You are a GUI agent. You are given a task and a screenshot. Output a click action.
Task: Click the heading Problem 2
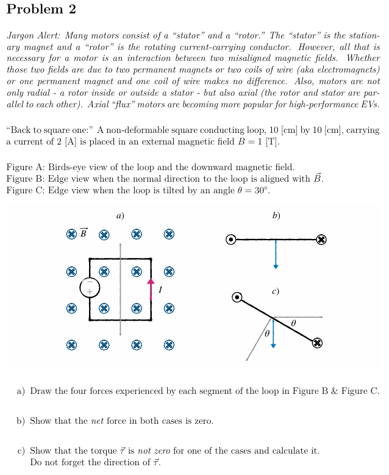pyautogui.click(x=41, y=9)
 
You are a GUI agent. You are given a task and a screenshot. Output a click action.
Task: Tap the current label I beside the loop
pyautogui.click(x=160, y=290)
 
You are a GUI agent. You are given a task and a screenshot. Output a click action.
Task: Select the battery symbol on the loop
pyautogui.click(x=89, y=287)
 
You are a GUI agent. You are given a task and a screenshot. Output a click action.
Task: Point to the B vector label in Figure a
pyautogui.click(x=84, y=232)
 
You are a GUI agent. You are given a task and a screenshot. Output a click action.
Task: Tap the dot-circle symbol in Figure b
pyautogui.click(x=230, y=240)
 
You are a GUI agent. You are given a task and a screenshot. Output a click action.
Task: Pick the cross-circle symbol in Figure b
pyautogui.click(x=321, y=240)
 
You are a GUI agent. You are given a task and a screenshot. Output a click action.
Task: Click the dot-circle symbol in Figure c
pyautogui.click(x=238, y=298)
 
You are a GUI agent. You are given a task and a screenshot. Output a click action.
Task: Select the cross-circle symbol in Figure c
pyautogui.click(x=317, y=343)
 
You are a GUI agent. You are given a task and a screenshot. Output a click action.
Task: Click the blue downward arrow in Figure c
pyautogui.click(x=273, y=333)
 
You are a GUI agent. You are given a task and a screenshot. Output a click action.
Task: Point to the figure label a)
pyautogui.click(x=120, y=215)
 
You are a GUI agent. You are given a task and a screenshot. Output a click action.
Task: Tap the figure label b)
pyautogui.click(x=276, y=215)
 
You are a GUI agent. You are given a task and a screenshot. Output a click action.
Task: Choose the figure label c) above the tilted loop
pyautogui.click(x=276, y=291)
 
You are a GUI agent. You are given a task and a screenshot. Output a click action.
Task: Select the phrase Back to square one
pyautogui.click(x=49, y=130)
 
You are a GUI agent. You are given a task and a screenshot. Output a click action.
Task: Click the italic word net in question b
pyautogui.click(x=98, y=421)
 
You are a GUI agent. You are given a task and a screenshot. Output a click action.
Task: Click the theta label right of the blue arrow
pyautogui.click(x=293, y=322)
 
